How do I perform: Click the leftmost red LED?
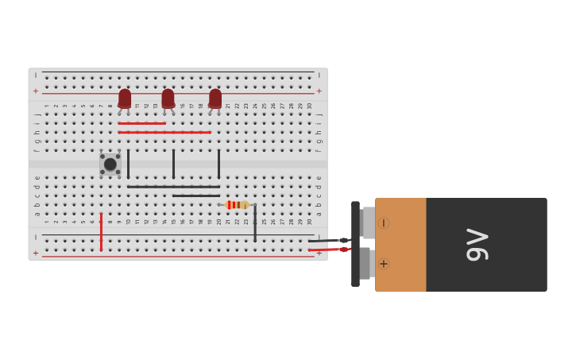(x=125, y=99)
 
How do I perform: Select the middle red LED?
(x=168, y=99)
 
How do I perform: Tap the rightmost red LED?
(x=215, y=99)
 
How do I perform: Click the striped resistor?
(x=237, y=205)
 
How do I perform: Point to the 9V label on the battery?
(x=477, y=245)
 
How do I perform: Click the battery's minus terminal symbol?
(x=384, y=223)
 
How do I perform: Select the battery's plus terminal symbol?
(x=384, y=264)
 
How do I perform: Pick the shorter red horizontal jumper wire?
(x=141, y=123)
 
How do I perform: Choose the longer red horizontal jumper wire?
(x=164, y=132)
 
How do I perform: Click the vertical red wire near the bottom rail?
(x=101, y=231)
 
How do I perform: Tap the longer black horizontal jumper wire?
(x=173, y=187)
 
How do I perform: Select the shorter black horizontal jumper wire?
(x=196, y=195)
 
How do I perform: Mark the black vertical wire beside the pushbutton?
(x=128, y=164)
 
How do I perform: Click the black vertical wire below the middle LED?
(x=173, y=164)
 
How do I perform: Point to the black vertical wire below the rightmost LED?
(x=218, y=164)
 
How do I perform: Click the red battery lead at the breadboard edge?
(x=326, y=250)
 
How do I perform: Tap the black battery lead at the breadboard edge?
(x=326, y=241)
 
